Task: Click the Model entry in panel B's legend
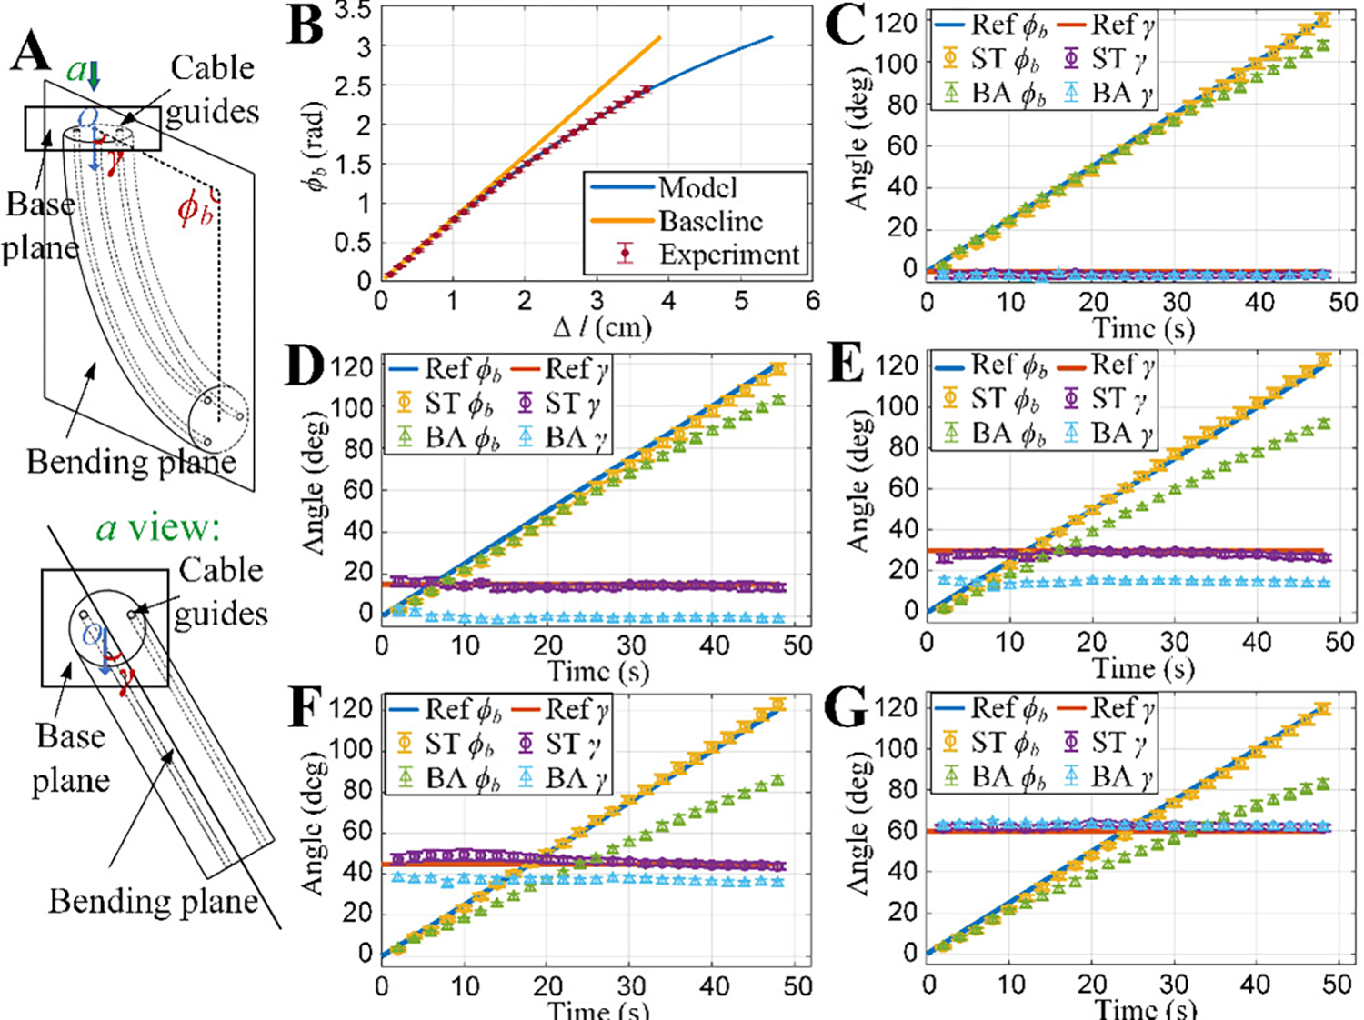click(x=697, y=188)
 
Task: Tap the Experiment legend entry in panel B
click(x=728, y=255)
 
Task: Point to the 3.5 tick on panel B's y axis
click(x=354, y=11)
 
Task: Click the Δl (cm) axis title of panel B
click(x=603, y=326)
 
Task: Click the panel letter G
click(x=847, y=708)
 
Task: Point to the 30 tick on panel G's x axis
click(x=1174, y=984)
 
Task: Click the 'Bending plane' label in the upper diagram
click(x=131, y=462)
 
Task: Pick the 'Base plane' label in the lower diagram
click(x=70, y=757)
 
